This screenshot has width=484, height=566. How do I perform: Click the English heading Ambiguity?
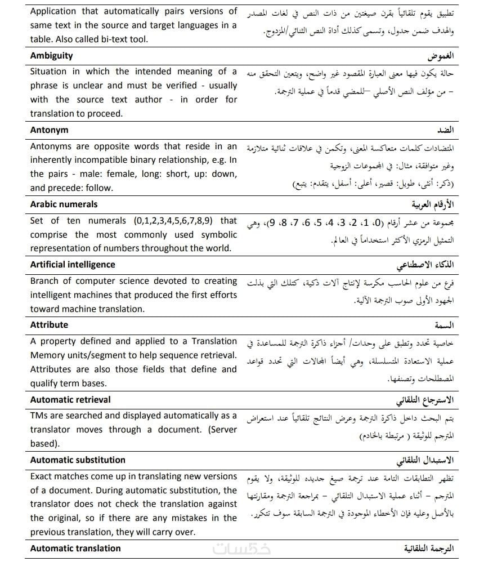[51, 56]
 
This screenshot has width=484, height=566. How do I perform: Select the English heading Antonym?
[50, 130]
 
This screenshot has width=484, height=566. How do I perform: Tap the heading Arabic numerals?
[64, 204]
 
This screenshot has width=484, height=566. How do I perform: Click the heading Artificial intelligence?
[73, 265]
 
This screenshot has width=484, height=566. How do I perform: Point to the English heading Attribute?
[49, 325]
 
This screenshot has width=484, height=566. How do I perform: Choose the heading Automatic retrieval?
[70, 400]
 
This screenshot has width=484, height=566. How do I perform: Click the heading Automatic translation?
[75, 549]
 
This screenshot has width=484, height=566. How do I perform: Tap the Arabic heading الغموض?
[440, 57]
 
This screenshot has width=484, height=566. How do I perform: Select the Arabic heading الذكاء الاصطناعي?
[425, 265]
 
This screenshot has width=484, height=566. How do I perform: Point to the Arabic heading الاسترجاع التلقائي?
[425, 400]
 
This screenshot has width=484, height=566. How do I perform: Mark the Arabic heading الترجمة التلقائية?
[428, 549]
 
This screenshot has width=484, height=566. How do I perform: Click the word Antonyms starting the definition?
[51, 146]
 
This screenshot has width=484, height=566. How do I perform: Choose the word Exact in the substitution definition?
[43, 476]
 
